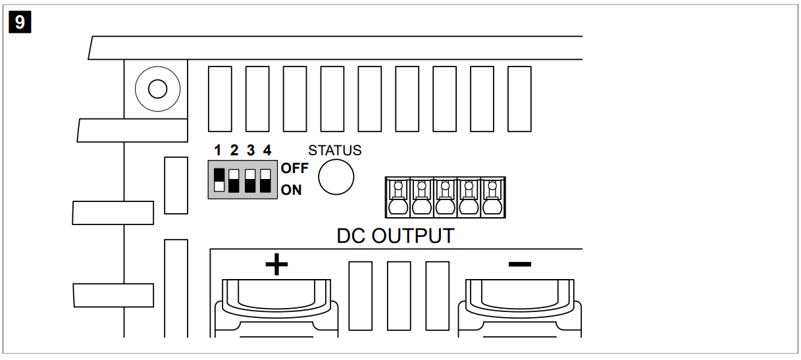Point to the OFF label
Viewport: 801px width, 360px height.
[x=294, y=168]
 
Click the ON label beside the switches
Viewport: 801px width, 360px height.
[x=291, y=190]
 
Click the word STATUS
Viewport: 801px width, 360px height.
[x=334, y=151]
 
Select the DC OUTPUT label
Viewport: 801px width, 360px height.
[x=395, y=236]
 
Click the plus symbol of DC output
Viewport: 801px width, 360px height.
[x=276, y=265]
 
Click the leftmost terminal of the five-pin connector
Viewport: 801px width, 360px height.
[x=398, y=197]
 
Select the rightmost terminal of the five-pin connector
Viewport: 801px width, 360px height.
[x=492, y=197]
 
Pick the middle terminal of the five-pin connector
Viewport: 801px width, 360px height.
[x=445, y=197]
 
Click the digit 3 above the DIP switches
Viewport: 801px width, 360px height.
[x=250, y=150]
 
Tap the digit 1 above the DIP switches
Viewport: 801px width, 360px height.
[x=219, y=150]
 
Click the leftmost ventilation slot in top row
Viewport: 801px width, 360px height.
[x=219, y=99]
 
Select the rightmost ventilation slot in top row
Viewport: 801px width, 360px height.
[x=519, y=99]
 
